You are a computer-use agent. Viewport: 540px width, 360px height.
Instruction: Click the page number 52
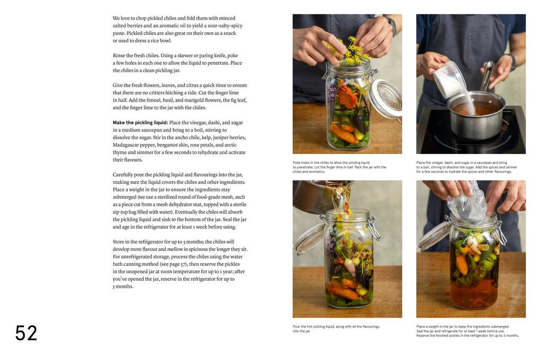click(26, 333)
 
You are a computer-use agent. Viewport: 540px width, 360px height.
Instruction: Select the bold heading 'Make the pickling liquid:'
click(140, 123)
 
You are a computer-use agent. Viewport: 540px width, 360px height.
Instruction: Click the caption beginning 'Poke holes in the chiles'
click(339, 167)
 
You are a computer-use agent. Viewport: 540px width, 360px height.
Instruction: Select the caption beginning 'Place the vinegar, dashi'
click(466, 167)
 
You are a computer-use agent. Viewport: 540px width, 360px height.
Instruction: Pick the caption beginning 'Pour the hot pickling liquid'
click(336, 329)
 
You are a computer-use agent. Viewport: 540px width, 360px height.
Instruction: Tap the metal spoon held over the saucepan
click(488, 76)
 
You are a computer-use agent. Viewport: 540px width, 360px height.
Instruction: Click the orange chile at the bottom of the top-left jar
click(343, 134)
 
